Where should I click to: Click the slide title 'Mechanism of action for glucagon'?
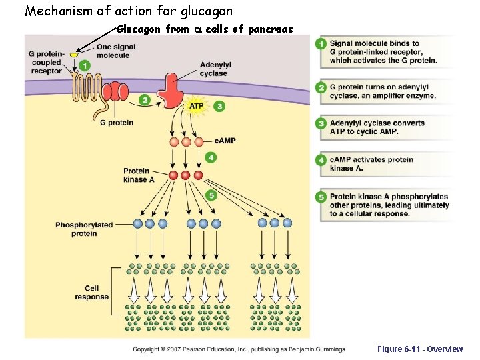(129, 11)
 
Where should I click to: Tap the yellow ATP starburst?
(197, 106)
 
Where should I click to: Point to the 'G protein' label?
(116, 123)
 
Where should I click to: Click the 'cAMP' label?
(225, 141)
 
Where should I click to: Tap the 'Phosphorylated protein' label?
(85, 229)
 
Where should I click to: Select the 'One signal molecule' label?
(115, 51)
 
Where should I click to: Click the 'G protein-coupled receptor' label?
(46, 62)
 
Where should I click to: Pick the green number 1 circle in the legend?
(321, 44)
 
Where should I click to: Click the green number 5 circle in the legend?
(321, 197)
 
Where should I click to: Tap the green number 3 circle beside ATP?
(219, 106)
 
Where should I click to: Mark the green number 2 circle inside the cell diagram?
(144, 100)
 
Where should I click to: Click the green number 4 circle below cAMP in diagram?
(211, 157)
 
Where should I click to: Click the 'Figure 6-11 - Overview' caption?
(419, 349)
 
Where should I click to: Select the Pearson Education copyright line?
(239, 349)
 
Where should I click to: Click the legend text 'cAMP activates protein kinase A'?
(371, 164)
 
